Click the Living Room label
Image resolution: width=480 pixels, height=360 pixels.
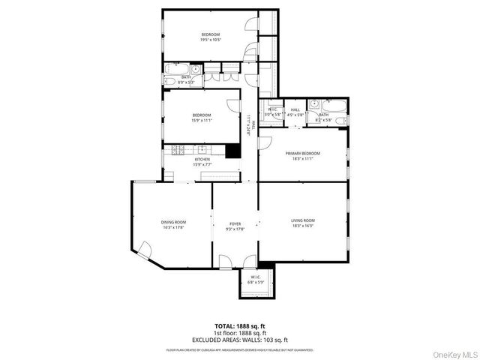click(302, 220)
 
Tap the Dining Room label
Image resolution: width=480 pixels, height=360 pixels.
click(173, 222)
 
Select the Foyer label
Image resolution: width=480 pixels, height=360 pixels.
click(235, 223)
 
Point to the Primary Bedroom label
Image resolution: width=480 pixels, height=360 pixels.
click(302, 154)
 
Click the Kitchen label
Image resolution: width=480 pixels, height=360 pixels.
click(202, 159)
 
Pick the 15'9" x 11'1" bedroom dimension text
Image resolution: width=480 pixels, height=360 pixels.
click(202, 120)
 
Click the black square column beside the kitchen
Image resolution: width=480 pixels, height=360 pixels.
click(233, 149)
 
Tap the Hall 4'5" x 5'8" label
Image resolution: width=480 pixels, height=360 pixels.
click(295, 112)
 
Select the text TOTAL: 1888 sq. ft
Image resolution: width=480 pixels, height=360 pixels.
click(240, 326)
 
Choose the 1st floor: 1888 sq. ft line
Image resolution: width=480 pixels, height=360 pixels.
click(240, 332)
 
